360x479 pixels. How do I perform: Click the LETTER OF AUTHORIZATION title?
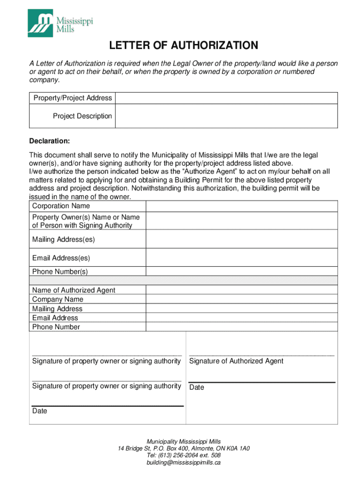(x=184, y=45)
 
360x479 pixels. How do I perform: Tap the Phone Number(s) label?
(x=60, y=271)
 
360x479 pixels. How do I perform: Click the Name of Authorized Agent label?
(x=74, y=290)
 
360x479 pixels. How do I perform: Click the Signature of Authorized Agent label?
(x=236, y=361)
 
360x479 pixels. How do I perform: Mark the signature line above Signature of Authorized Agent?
(x=262, y=356)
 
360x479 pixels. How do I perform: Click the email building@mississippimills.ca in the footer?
(x=184, y=463)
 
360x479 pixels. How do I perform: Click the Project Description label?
(x=82, y=116)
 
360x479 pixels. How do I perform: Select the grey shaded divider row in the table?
(x=183, y=280)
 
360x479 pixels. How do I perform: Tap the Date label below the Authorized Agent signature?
(x=197, y=387)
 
